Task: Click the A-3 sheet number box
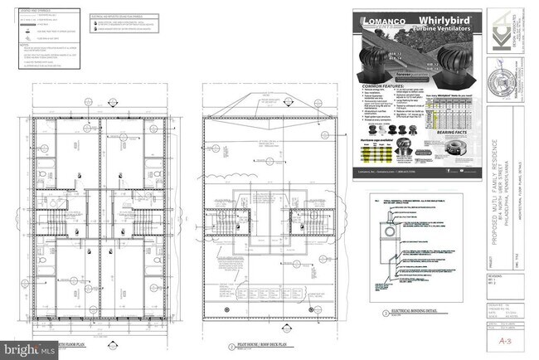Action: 499,339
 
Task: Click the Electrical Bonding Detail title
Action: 412,314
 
